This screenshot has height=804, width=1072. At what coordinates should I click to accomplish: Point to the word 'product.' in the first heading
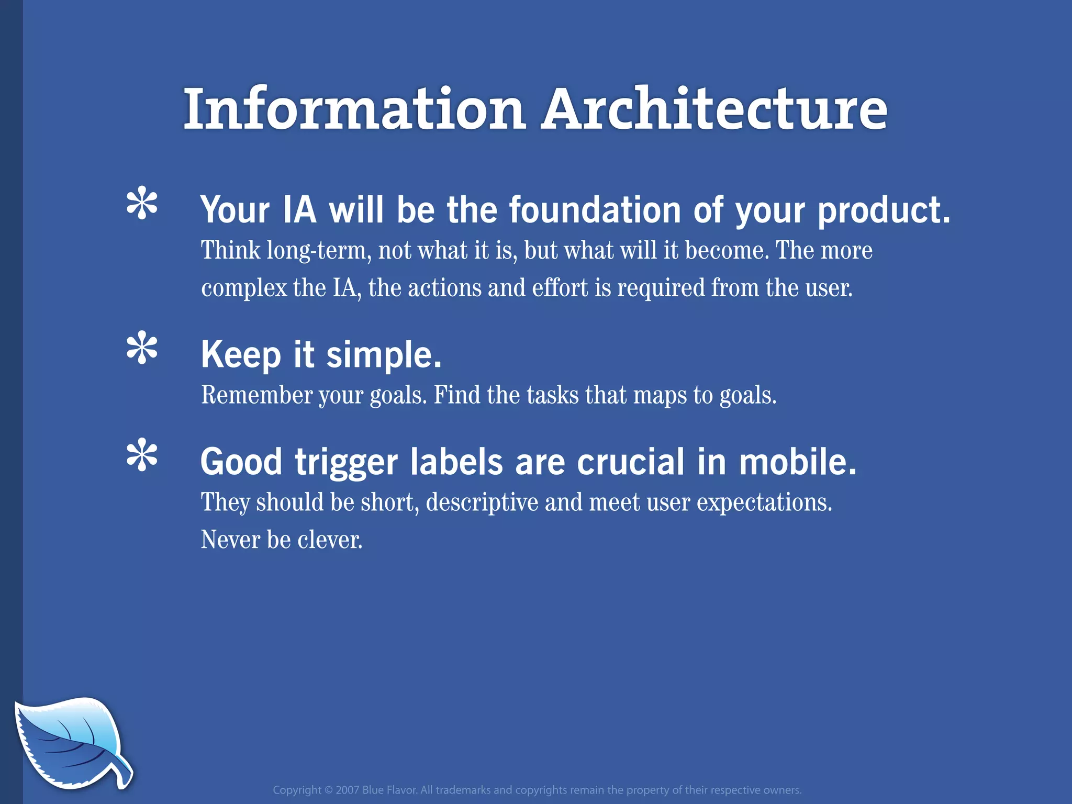[884, 211]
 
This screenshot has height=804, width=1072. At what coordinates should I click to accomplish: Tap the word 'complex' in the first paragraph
[244, 288]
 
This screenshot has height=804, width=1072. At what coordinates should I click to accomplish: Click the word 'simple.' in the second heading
[384, 355]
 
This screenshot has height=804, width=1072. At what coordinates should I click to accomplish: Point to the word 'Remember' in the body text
[257, 395]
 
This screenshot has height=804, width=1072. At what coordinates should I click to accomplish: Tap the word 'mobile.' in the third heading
[798, 462]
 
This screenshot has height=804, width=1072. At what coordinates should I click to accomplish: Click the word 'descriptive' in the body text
[482, 502]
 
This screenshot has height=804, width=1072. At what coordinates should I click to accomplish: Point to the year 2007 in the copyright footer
[347, 790]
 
